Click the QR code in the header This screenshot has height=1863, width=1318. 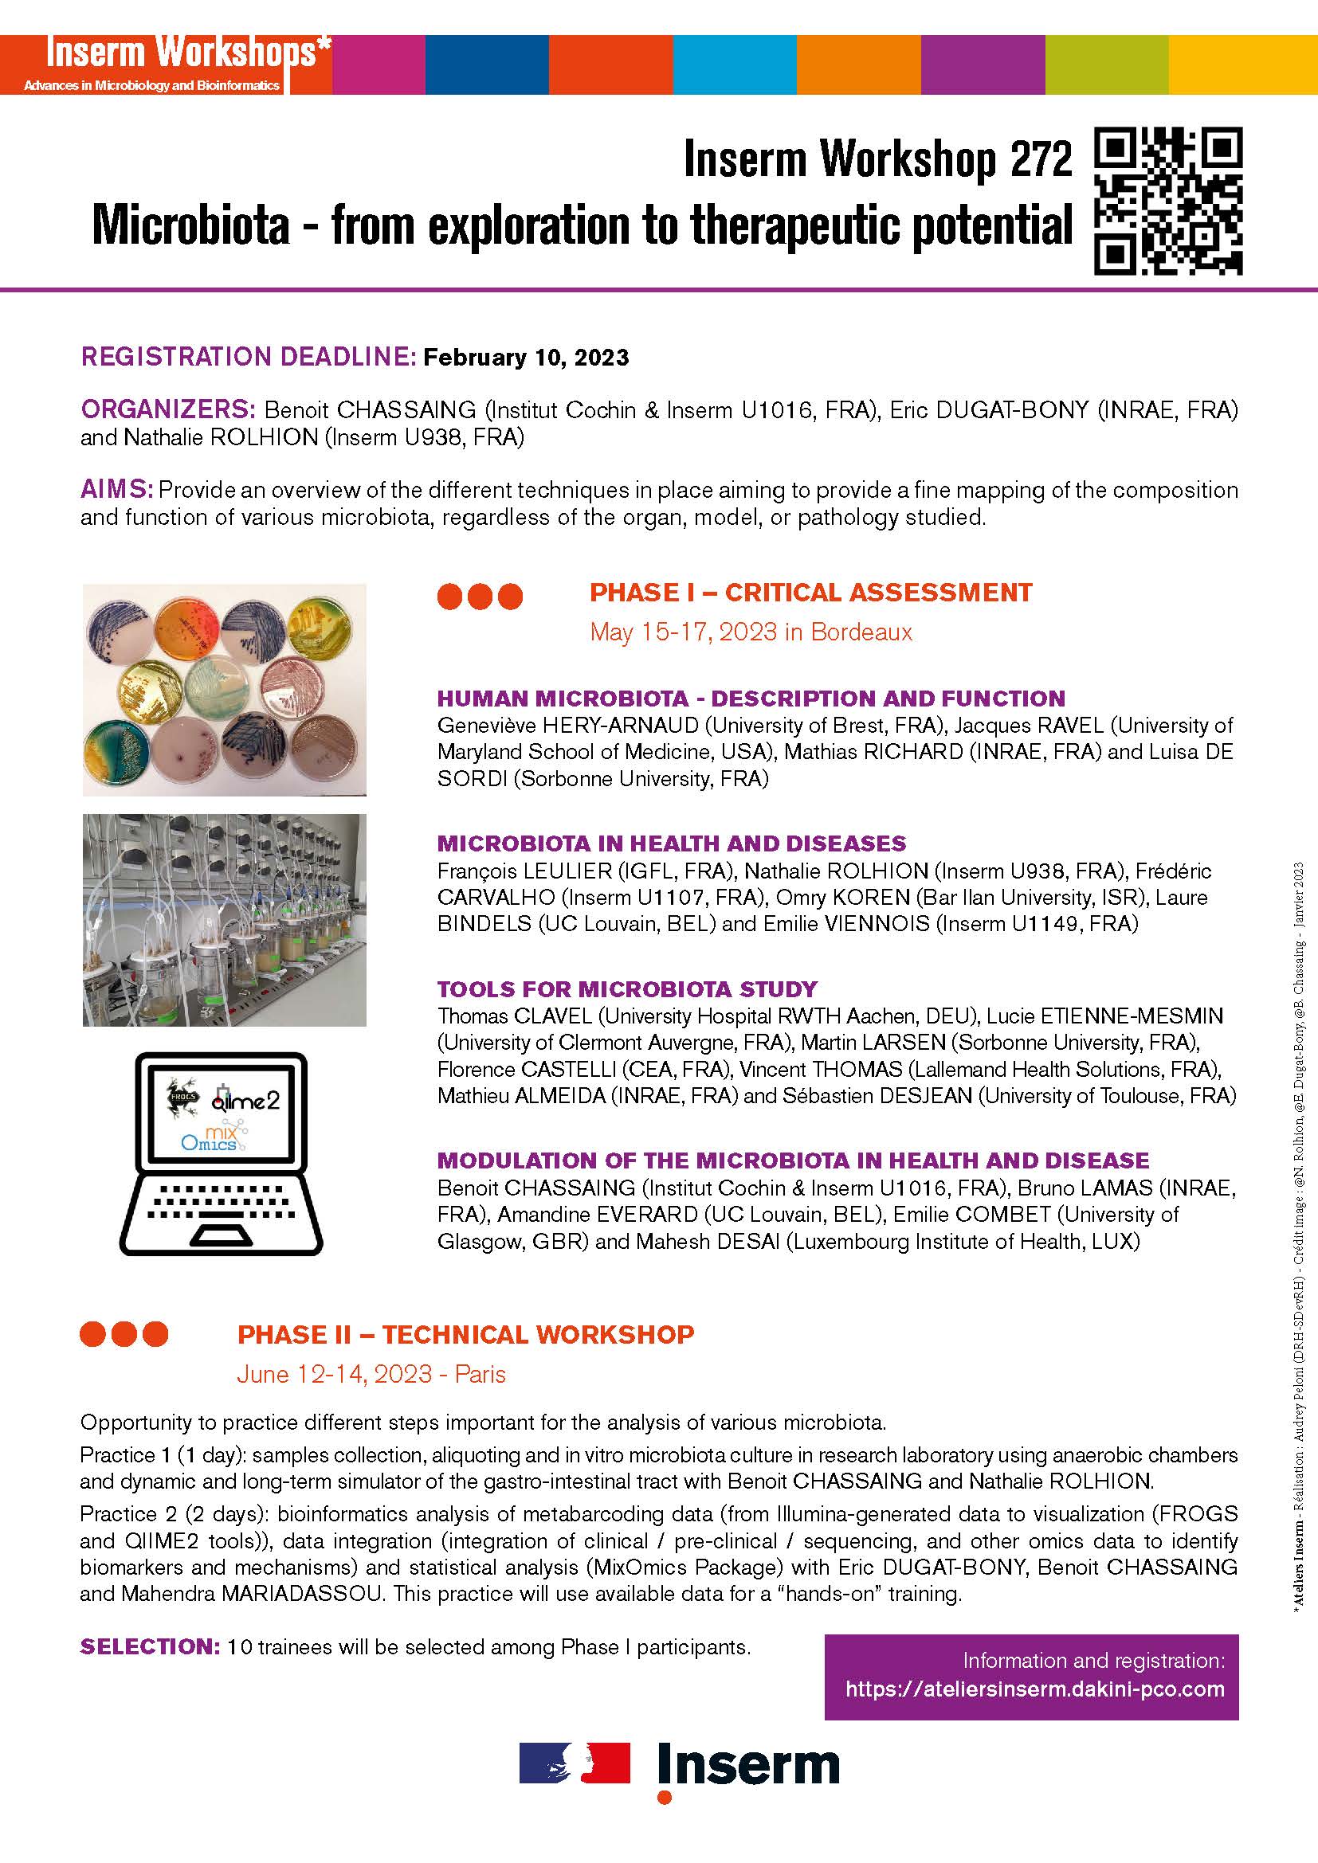pos(1168,201)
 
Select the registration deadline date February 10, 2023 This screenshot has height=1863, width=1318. pos(526,358)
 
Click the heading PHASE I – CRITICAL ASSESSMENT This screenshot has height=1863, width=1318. pos(810,593)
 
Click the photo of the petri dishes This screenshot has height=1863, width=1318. pos(224,690)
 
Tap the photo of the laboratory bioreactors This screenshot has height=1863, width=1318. pos(224,920)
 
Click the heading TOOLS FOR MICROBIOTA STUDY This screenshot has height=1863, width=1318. pos(626,989)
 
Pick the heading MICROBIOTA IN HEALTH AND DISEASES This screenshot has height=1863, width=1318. pos(671,843)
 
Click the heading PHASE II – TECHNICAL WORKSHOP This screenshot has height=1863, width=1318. pos(465,1335)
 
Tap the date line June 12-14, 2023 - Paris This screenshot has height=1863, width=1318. pos(371,1375)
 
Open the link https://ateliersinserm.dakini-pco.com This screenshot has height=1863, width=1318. pos(1034,1689)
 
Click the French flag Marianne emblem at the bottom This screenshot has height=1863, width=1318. pos(575,1763)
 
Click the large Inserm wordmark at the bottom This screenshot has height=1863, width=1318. pos(748,1767)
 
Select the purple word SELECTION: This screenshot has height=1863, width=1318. pos(149,1646)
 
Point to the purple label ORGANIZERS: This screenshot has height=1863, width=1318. pos(168,409)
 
